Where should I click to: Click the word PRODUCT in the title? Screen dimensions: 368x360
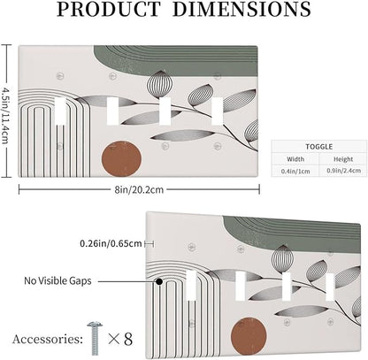pos(109,9)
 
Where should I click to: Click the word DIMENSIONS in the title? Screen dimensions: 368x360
pos(241,9)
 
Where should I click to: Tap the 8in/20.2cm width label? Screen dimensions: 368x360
pos(139,189)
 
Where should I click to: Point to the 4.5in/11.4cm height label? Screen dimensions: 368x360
pos(5,111)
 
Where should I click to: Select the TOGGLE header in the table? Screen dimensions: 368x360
pos(319,147)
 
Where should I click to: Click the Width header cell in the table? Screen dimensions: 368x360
pos(295,159)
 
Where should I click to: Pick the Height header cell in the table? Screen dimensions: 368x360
pos(343,159)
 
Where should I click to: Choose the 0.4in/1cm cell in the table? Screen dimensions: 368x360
pos(295,171)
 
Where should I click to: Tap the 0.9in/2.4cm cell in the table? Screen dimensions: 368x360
pos(343,171)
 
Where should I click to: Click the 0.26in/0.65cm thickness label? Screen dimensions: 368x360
pos(111,244)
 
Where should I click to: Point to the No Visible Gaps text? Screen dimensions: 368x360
pos(57,280)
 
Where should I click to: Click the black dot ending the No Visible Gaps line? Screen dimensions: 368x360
pos(159,281)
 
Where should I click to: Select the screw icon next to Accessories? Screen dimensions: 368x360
pos(95,338)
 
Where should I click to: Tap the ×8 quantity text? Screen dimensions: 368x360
pos(120,339)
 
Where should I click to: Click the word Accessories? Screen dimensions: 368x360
pos(48,339)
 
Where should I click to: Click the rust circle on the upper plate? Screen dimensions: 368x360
pos(121,159)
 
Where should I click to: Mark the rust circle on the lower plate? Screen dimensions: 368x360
pos(249,335)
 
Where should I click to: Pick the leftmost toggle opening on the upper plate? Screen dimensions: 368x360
pos(60,111)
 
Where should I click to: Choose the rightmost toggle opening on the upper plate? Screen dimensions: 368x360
pos(218,111)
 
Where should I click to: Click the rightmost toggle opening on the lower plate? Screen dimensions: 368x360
pos(330,287)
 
